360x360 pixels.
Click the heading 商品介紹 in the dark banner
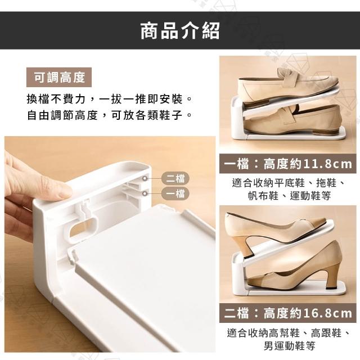(180, 30)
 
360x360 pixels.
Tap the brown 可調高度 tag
(59, 78)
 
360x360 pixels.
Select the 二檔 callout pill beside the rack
(175, 178)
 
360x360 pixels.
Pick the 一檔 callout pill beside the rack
(175, 193)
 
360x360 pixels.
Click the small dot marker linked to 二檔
(145, 178)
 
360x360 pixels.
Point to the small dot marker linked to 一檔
(145, 193)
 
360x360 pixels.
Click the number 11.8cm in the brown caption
(327, 164)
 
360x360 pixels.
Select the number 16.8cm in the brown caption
(327, 313)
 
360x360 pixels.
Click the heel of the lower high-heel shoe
(332, 276)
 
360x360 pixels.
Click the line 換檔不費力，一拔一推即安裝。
(110, 99)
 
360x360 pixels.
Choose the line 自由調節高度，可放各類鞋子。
(110, 115)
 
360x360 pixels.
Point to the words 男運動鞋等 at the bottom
(289, 346)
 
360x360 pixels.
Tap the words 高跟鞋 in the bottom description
(326, 332)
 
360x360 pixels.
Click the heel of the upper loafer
(254, 105)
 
